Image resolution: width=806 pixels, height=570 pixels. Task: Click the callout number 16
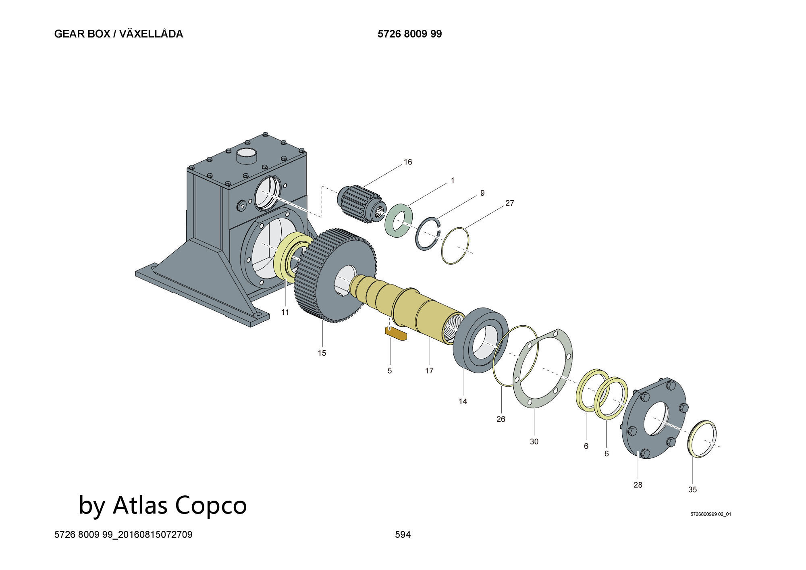pyautogui.click(x=408, y=162)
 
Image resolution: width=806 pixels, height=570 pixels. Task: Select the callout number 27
pyautogui.click(x=509, y=203)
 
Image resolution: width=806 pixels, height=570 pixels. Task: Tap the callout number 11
pyautogui.click(x=285, y=312)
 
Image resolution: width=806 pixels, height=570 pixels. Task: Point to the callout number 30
pyautogui.click(x=534, y=442)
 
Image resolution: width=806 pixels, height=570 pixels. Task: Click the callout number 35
pyautogui.click(x=692, y=489)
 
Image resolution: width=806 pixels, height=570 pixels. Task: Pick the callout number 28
pyautogui.click(x=638, y=485)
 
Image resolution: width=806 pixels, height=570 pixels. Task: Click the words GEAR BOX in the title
pyautogui.click(x=82, y=34)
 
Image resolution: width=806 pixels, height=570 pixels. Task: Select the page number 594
pyautogui.click(x=403, y=535)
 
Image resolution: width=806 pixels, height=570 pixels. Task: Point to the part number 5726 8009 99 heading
pyautogui.click(x=409, y=34)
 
